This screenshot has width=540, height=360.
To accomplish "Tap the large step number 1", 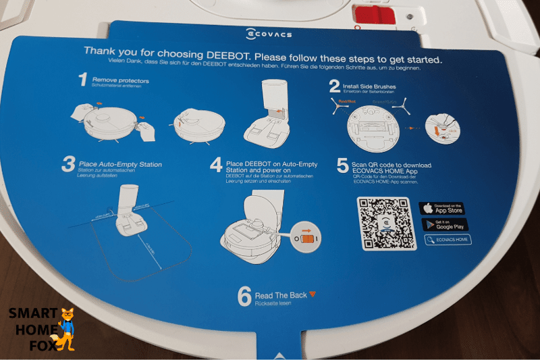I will pyautogui.click(x=83, y=81).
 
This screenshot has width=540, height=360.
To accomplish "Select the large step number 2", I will pyautogui.click(x=334, y=86).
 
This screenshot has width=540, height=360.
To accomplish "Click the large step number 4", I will pyautogui.click(x=216, y=166).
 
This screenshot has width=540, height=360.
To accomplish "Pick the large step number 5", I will pyautogui.click(x=343, y=166).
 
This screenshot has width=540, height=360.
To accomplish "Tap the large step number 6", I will pyautogui.click(x=244, y=296).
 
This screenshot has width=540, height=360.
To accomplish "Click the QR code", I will pyautogui.click(x=382, y=224).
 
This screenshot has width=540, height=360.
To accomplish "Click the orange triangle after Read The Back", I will pyautogui.click(x=313, y=294).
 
